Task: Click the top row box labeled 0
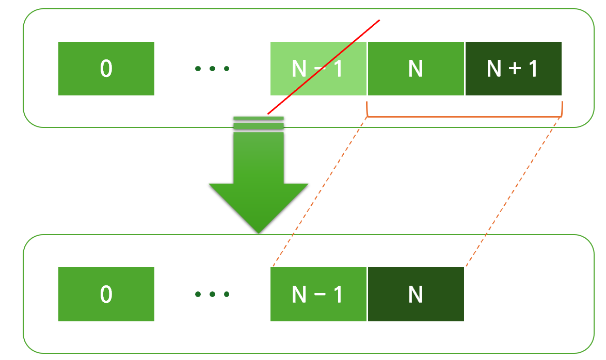tap(106, 69)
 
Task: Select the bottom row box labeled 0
tap(106, 294)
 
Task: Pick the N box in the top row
tap(416, 69)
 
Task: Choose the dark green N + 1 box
tap(513, 69)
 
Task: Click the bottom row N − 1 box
tap(318, 294)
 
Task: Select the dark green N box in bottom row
tap(416, 294)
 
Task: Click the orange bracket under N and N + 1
tap(464, 117)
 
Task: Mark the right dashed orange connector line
tap(514, 192)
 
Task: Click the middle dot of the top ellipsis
tap(212, 69)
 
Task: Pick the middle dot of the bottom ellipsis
tap(212, 294)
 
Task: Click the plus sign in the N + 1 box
tap(514, 69)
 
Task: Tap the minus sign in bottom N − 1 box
tap(318, 294)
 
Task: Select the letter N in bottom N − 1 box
tap(299, 294)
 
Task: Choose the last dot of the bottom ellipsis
tap(226, 294)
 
